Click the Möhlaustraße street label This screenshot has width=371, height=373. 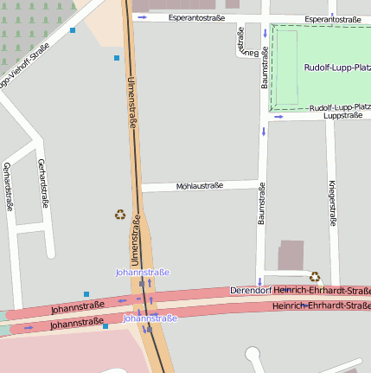pos(199,185)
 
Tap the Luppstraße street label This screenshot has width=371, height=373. pos(342,115)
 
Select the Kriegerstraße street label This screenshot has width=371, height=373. pos(332,203)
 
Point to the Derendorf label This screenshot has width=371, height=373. pos(250,291)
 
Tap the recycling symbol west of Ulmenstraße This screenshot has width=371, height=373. pos(119,215)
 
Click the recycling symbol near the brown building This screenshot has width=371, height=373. pos(315,277)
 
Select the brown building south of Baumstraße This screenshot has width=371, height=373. pos(291,255)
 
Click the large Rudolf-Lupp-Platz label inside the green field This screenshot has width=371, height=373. pos(337,67)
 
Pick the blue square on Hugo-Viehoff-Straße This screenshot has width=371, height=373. pos(73,30)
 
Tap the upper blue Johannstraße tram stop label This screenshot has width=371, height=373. pos(143,272)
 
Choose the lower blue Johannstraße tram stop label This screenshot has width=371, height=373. pos(150,318)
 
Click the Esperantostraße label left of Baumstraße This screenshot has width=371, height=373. pos(196,17)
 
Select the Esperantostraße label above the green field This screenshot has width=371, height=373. pos(333,18)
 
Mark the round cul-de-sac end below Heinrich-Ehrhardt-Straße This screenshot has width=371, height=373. pos(253,355)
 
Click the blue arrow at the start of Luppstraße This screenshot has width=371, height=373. pos(278,117)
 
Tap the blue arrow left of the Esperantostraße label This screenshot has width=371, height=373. pos(142,17)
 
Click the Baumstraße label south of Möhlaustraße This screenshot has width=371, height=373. pos(260,207)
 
